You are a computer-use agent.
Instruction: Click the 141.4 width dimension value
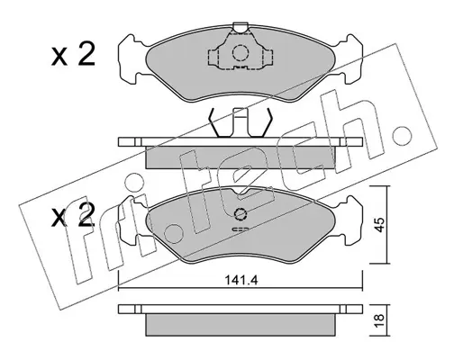(241, 281)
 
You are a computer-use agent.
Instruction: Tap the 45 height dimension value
(380, 225)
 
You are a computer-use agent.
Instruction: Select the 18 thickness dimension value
(380, 321)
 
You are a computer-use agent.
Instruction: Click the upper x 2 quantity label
(73, 54)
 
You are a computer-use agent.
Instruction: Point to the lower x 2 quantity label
(73, 215)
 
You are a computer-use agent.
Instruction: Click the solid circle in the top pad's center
(241, 53)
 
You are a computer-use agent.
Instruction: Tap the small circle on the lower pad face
(241, 214)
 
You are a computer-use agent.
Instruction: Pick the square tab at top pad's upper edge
(241, 27)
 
